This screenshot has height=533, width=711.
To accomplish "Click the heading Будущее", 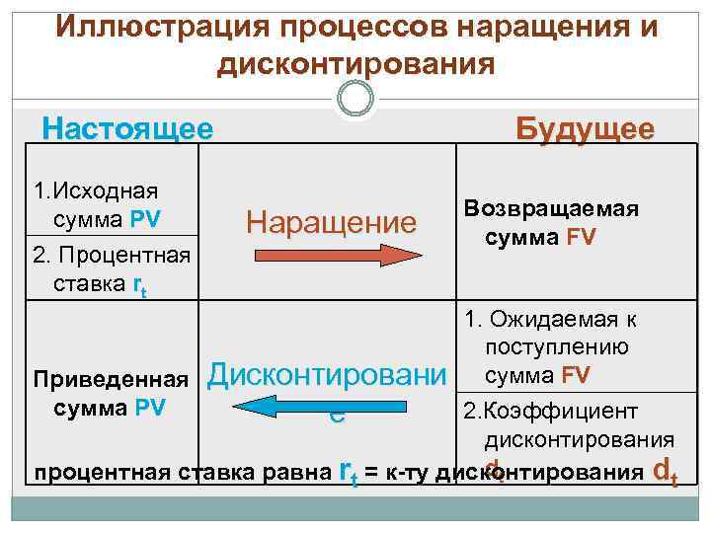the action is [586, 129].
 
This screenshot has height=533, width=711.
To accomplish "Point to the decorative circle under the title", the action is [355, 99].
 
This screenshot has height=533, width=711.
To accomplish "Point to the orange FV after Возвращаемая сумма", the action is [579, 239].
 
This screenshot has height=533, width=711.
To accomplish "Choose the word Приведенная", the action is [111, 379].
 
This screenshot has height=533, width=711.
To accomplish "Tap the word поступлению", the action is [557, 347].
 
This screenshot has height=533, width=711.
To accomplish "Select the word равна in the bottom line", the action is [300, 470].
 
